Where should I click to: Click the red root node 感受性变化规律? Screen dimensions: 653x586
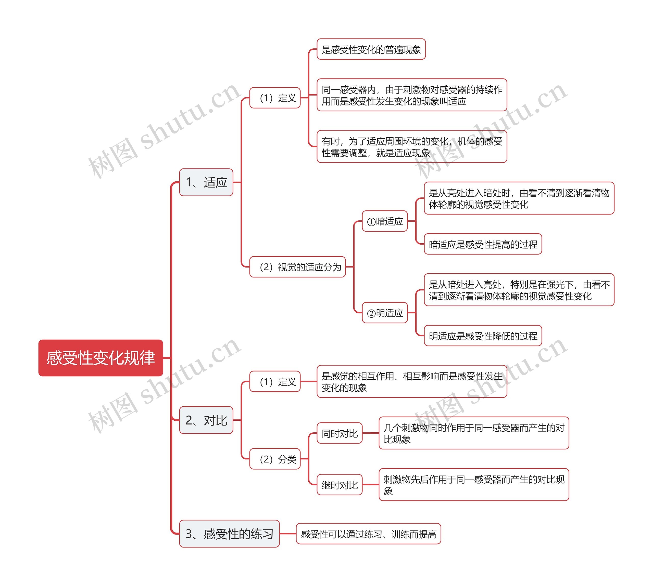pyautogui.click(x=101, y=358)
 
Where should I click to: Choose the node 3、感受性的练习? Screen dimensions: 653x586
pyautogui.click(x=229, y=534)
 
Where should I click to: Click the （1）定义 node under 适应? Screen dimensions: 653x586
pyautogui.click(x=275, y=98)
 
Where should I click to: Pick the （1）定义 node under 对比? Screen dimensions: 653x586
pyautogui.click(x=275, y=382)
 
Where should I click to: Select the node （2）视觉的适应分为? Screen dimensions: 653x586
pyautogui.click(x=297, y=267)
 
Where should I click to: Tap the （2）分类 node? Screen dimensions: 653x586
pyautogui.click(x=275, y=459)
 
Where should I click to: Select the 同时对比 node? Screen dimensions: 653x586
pyautogui.click(x=340, y=433)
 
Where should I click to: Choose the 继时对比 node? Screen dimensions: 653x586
pyautogui.click(x=340, y=485)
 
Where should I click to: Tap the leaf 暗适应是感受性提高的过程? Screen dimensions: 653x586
pyautogui.click(x=483, y=244)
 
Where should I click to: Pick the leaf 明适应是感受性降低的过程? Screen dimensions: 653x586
pyautogui.click(x=483, y=336)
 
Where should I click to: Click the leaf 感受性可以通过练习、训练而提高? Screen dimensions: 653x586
pyautogui.click(x=368, y=534)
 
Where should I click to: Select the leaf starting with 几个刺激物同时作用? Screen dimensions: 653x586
pyautogui.click(x=473, y=433)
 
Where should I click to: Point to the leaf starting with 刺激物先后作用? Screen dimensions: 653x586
pyautogui.click(x=473, y=485)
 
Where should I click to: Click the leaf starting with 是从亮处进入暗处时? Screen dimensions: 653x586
pyautogui.click(x=519, y=198)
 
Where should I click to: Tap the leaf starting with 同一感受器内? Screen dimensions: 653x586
pyautogui.click(x=412, y=95)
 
